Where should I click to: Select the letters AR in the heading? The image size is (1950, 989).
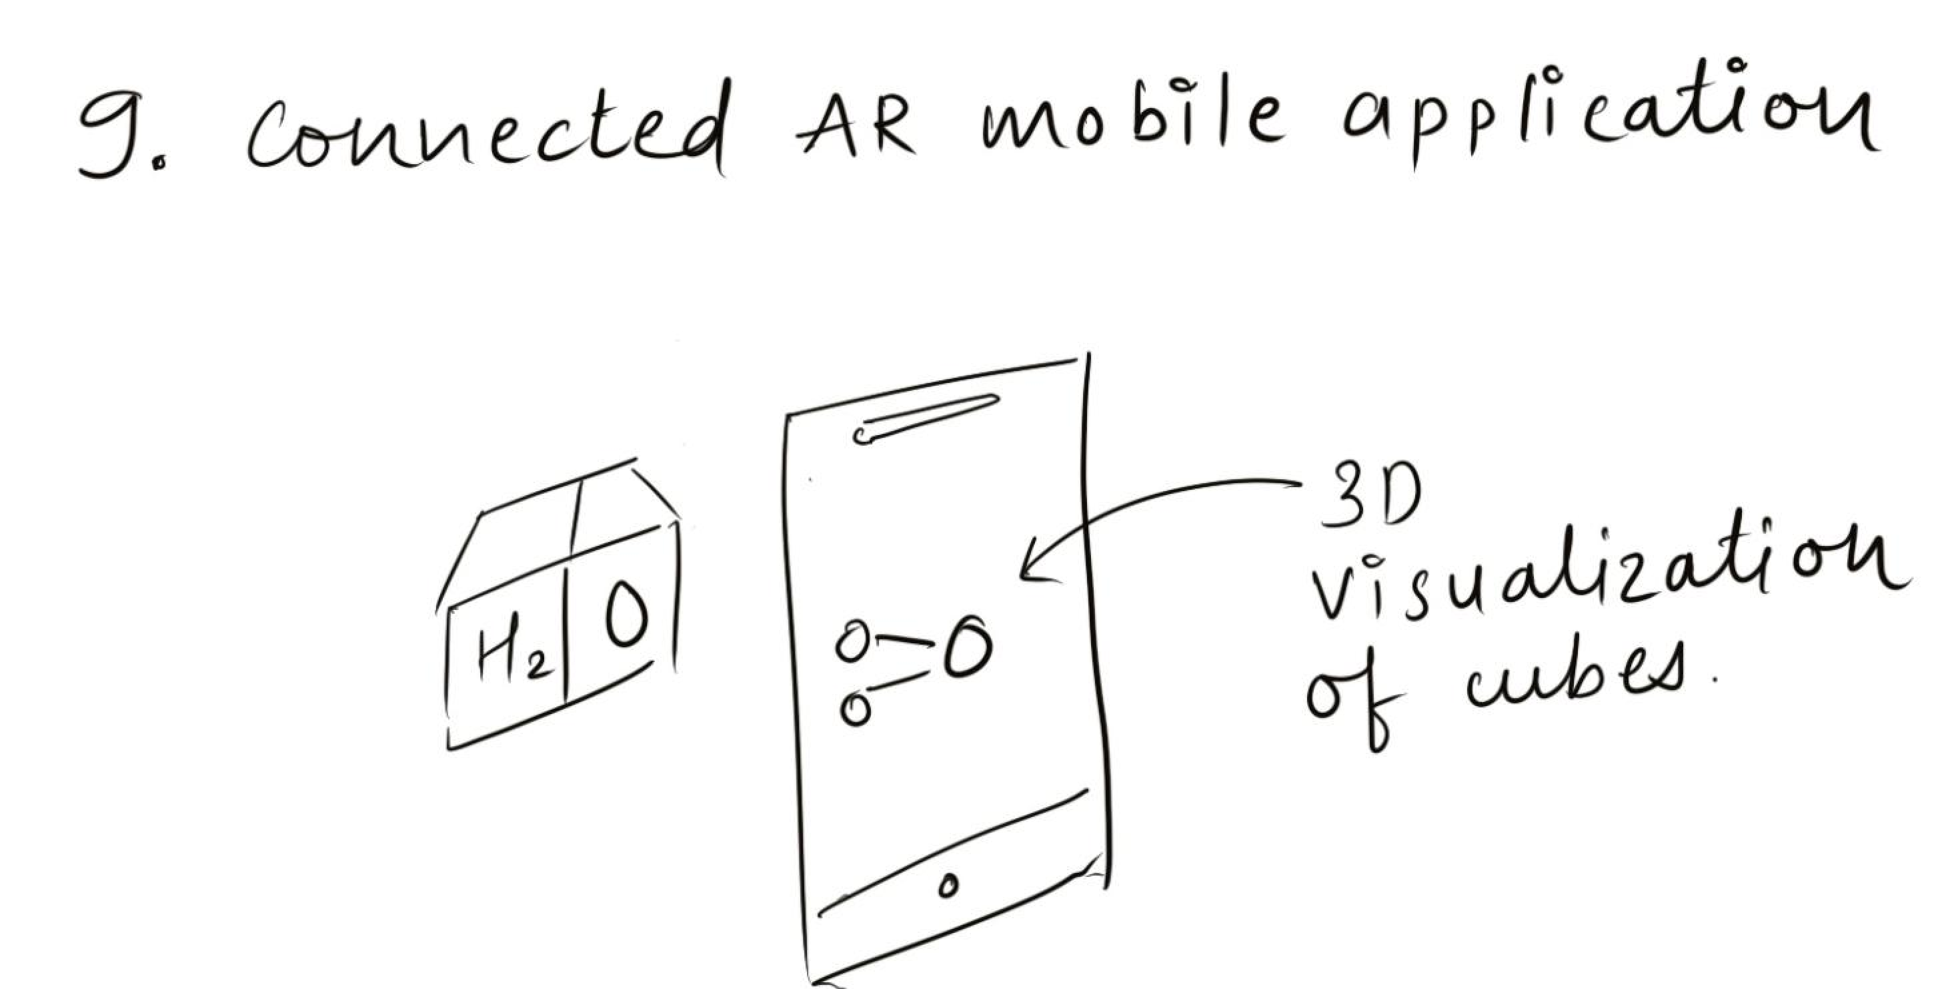[855, 129]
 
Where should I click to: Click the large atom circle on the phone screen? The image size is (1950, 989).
[968, 647]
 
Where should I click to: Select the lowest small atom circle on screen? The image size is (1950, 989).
[856, 709]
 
